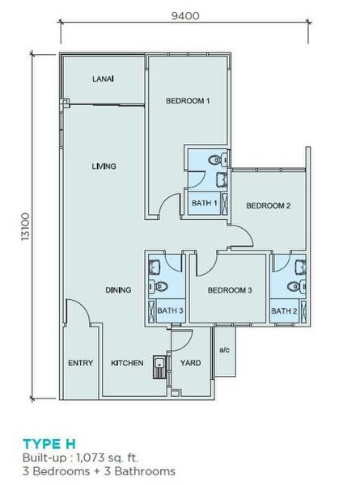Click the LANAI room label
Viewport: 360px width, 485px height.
coord(103,79)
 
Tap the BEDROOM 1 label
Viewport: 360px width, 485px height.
coord(188,101)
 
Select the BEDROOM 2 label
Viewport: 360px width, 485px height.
coord(269,205)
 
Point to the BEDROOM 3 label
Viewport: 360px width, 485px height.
coord(230,290)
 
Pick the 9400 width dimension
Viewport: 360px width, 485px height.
coord(185,16)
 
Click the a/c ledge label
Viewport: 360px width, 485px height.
coord(224,350)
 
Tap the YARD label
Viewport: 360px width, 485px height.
coord(190,363)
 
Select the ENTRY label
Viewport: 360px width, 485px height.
coord(80,363)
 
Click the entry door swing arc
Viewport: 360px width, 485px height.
coord(83,306)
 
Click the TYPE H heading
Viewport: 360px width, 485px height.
coord(49,444)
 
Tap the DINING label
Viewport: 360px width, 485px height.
coord(118,290)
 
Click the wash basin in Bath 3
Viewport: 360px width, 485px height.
coord(155,267)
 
